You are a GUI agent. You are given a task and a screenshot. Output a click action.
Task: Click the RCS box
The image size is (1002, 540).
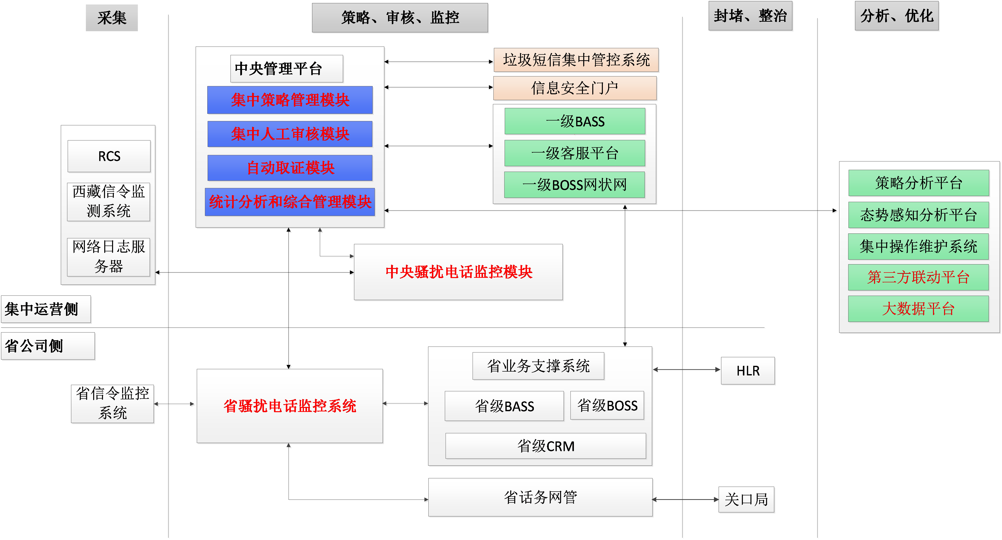109,156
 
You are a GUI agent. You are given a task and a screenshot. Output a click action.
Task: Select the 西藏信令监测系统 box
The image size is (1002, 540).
109,201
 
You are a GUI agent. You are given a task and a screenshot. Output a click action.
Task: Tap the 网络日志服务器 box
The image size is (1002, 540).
109,257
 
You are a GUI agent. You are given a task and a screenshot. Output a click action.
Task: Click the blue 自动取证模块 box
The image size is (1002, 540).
290,168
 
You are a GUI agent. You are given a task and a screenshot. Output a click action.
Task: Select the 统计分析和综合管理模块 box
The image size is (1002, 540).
290,202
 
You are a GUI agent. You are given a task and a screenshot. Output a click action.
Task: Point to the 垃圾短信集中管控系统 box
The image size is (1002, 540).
576,60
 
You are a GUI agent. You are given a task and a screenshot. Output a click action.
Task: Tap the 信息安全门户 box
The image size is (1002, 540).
575,88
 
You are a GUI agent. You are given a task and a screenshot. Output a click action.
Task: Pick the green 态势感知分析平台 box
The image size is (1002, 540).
918,215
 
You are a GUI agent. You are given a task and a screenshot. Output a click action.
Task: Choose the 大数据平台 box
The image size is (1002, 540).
918,309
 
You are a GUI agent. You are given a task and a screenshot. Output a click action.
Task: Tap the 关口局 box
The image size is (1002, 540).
746,499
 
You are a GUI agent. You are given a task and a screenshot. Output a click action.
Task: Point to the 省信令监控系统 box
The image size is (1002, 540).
113,404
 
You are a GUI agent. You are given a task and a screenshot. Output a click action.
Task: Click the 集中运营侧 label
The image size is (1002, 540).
46,309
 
